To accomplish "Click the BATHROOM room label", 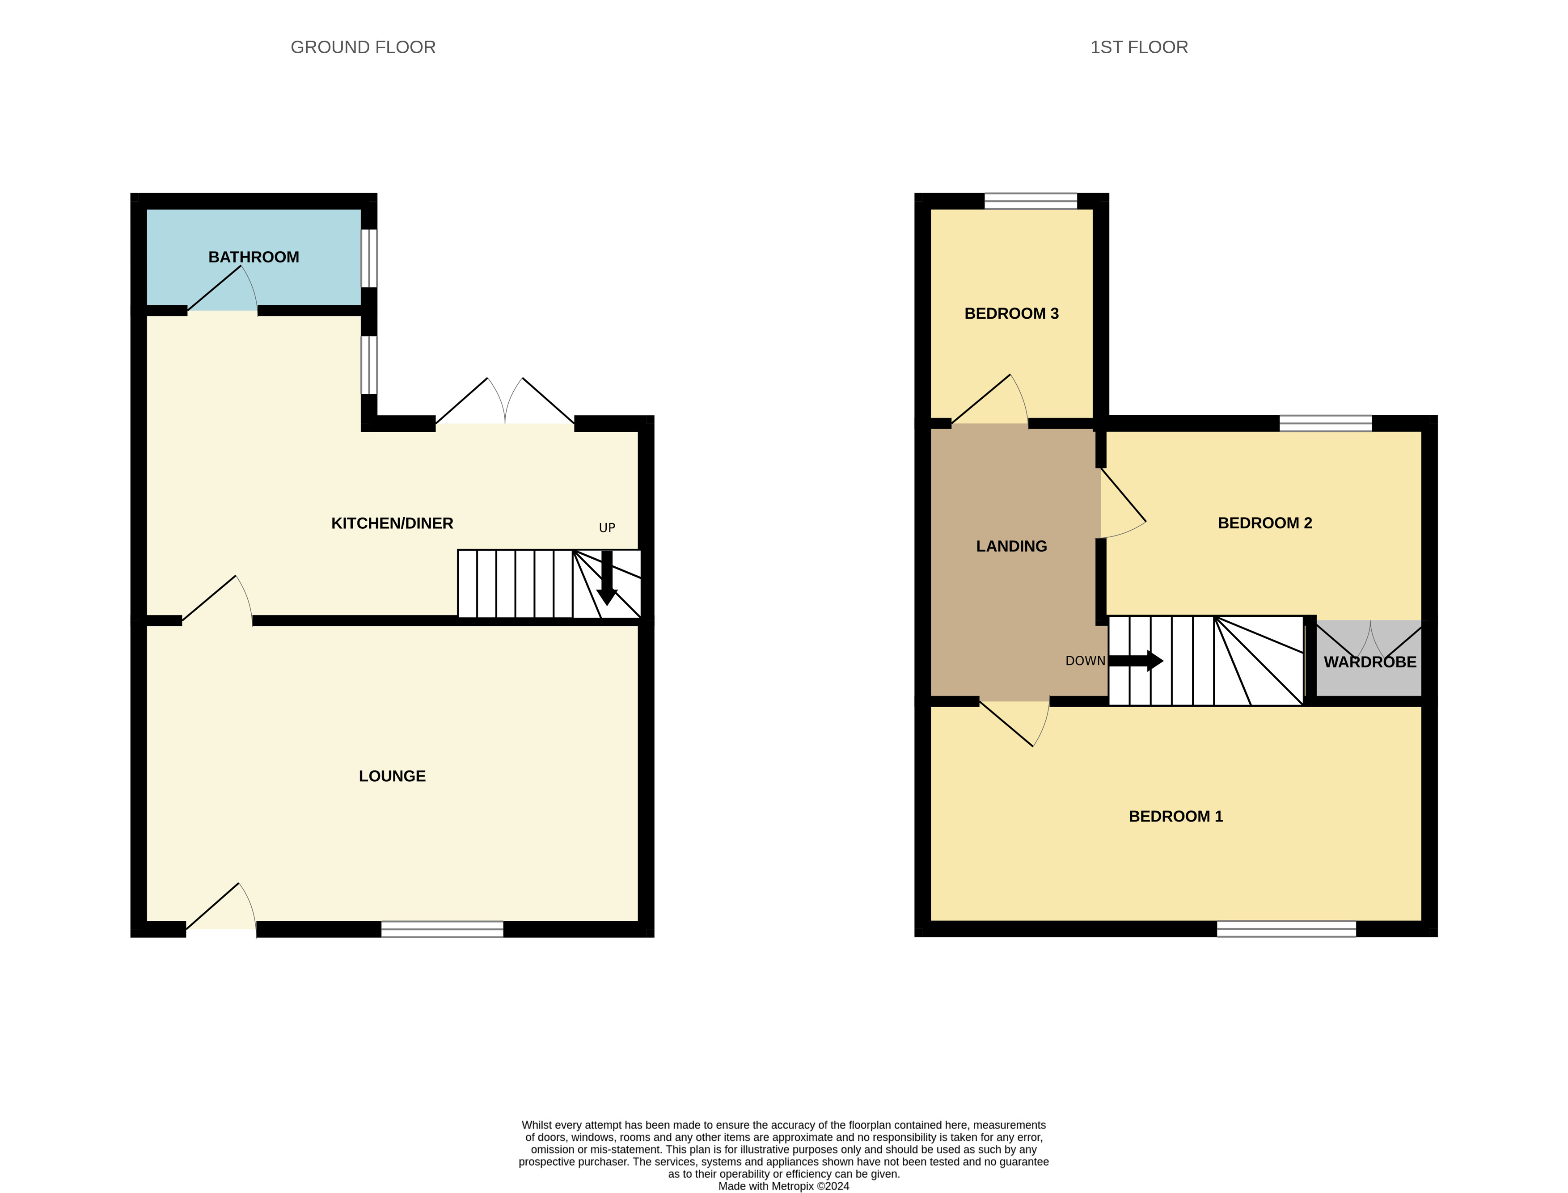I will [254, 257].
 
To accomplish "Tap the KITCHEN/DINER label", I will [392, 523].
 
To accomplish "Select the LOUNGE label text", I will [392, 776].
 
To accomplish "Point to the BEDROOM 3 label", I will [1011, 314].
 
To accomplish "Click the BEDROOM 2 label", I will [1265, 523].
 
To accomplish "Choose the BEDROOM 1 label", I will [1175, 817].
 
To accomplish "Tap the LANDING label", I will [1011, 546].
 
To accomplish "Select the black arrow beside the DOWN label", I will [1136, 661].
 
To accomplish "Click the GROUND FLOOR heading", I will [363, 47].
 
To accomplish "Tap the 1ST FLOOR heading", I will [1138, 47].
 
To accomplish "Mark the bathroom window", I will [369, 257].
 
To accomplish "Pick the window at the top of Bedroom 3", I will [1031, 201].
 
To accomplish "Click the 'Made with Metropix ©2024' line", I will [783, 1186].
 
